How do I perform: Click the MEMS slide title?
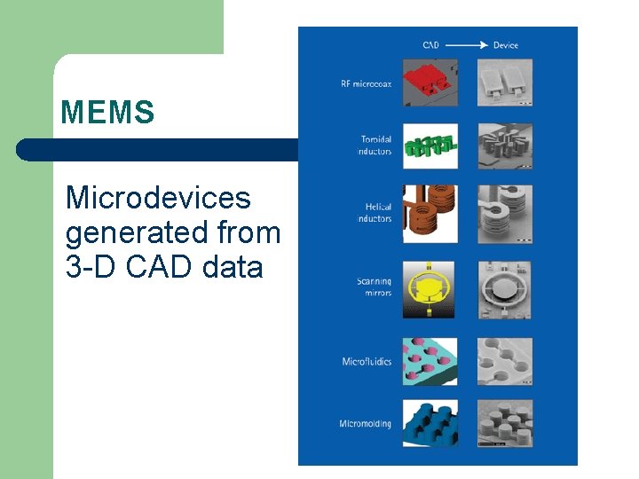(107, 113)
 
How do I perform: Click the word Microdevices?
(158, 197)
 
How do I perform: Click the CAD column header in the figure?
(430, 45)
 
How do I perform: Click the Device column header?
(505, 45)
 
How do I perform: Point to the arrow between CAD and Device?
(466, 45)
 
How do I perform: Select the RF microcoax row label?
(366, 84)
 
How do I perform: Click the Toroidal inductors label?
(375, 145)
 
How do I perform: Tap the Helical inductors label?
(375, 213)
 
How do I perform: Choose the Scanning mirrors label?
(374, 287)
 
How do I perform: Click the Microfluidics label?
(367, 362)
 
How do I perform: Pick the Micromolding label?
(365, 424)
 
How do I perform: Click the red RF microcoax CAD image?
(430, 82)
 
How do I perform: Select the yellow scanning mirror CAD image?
(430, 289)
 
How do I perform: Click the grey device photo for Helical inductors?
(505, 214)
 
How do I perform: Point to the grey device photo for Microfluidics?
(505, 361)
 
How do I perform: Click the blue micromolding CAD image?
(430, 423)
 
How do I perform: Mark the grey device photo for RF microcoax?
(505, 82)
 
